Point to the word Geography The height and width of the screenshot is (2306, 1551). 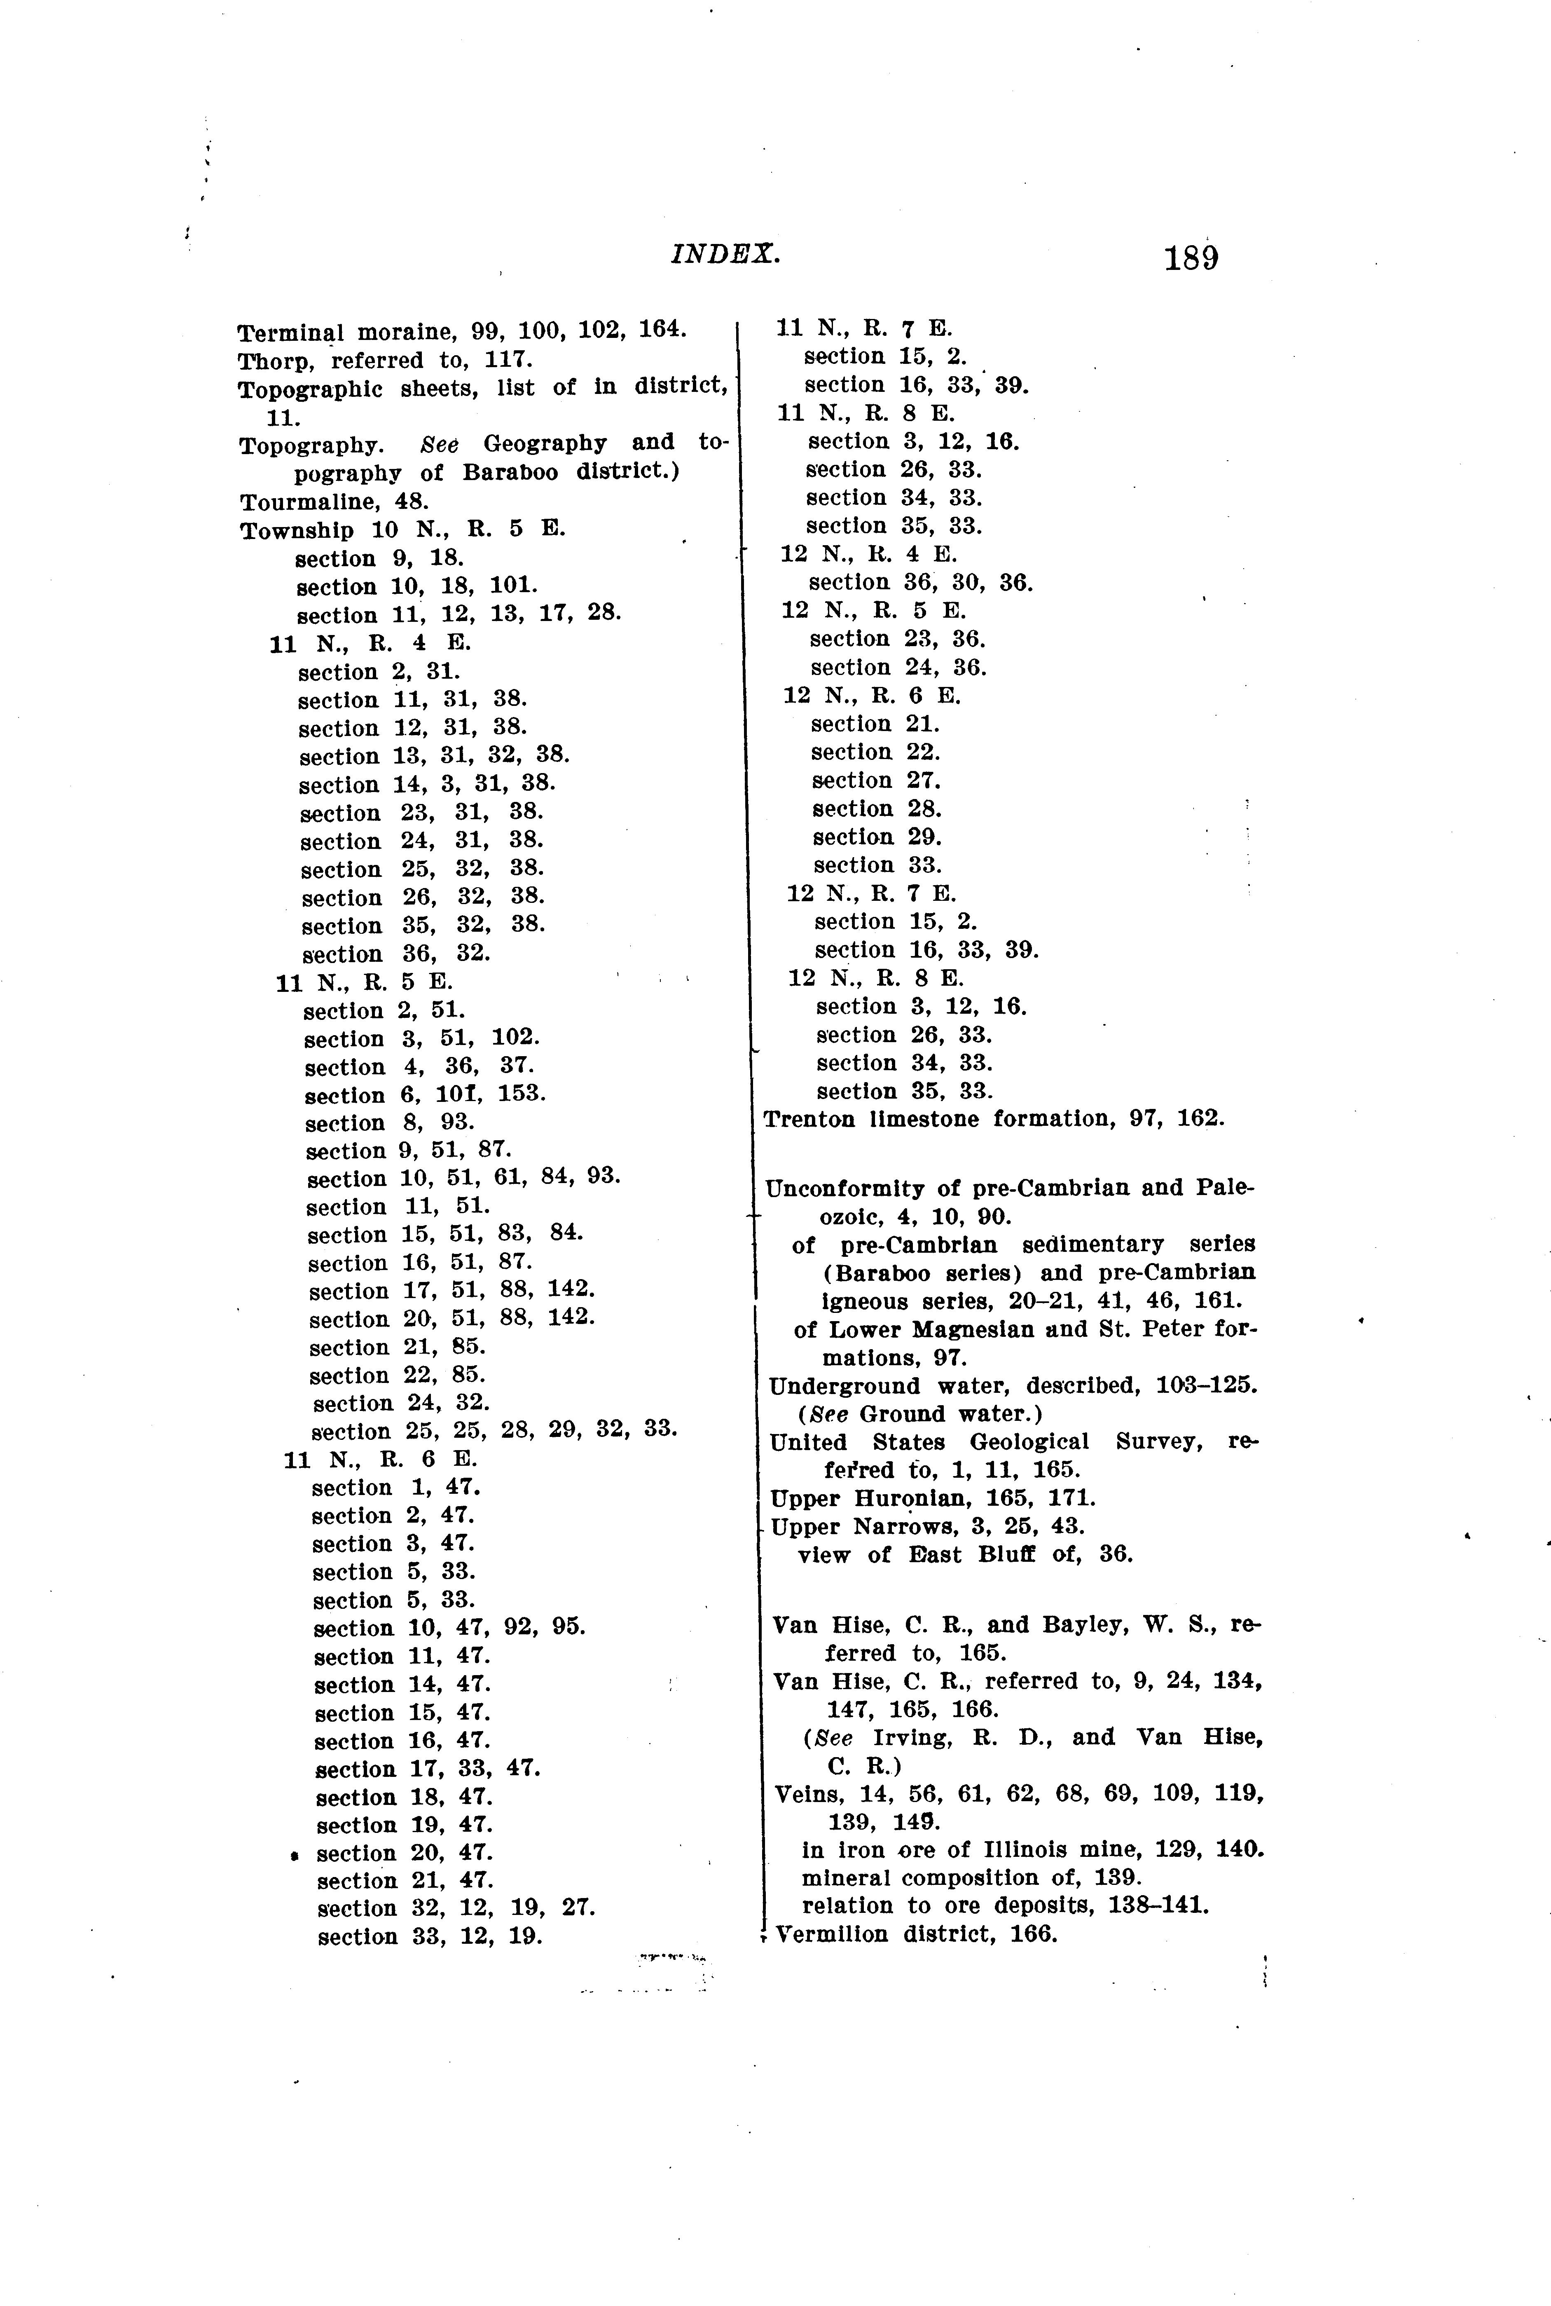pos(545,443)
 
